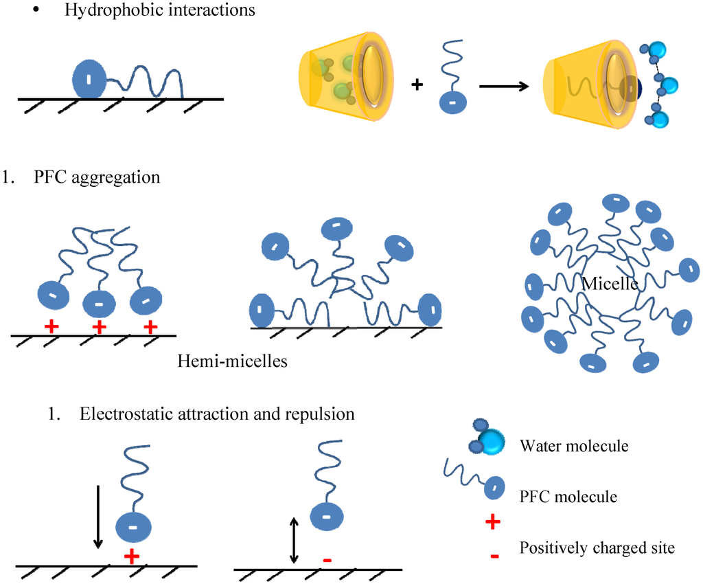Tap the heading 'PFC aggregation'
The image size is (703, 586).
[96, 177]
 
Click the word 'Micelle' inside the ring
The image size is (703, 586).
[608, 283]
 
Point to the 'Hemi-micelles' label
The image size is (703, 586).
[231, 359]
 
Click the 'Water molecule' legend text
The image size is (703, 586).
[574, 446]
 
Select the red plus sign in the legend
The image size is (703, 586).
[492, 523]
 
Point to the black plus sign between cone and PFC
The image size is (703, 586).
[417, 84]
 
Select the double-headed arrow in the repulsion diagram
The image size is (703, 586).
[294, 541]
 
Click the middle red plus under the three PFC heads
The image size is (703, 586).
[99, 327]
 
